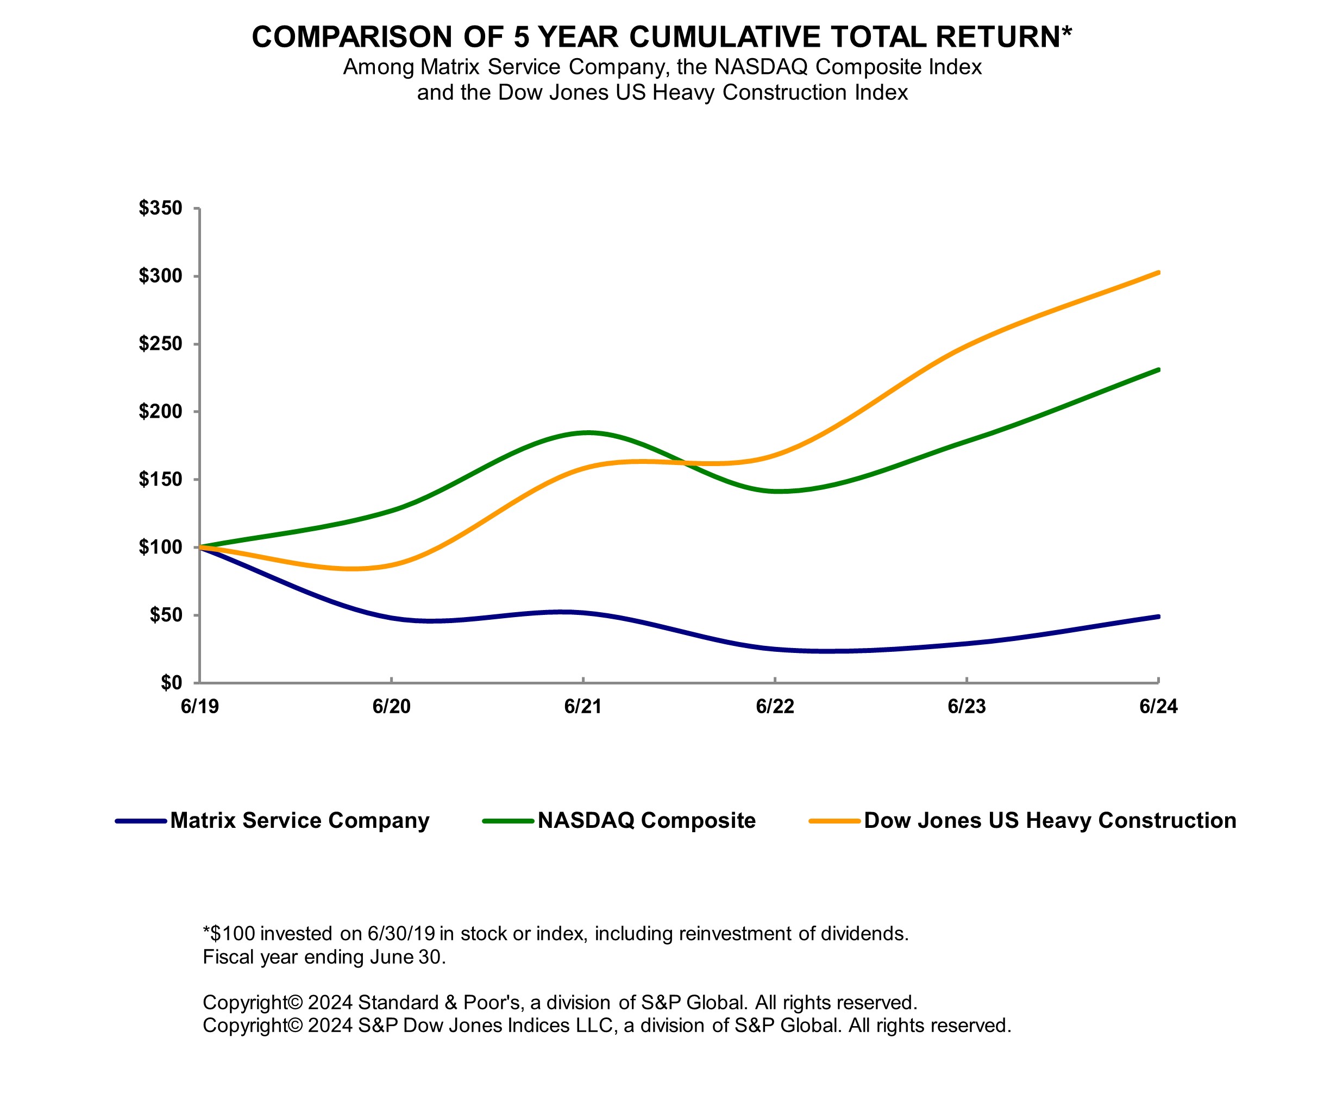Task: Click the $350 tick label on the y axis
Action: [x=160, y=208]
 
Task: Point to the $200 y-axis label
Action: [x=160, y=412]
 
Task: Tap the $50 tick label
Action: [x=165, y=615]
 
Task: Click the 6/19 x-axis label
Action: [x=199, y=707]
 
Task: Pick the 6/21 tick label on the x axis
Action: [x=582, y=707]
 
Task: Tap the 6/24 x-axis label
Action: [x=1158, y=707]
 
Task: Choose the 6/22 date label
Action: [x=775, y=707]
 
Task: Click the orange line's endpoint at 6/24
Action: [x=1158, y=272]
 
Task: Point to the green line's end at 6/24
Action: [x=1158, y=369]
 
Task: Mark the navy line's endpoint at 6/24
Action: [x=1158, y=616]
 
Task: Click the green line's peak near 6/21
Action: [x=588, y=432]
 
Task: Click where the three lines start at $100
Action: [x=200, y=547]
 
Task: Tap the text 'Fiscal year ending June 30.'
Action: [x=324, y=957]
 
